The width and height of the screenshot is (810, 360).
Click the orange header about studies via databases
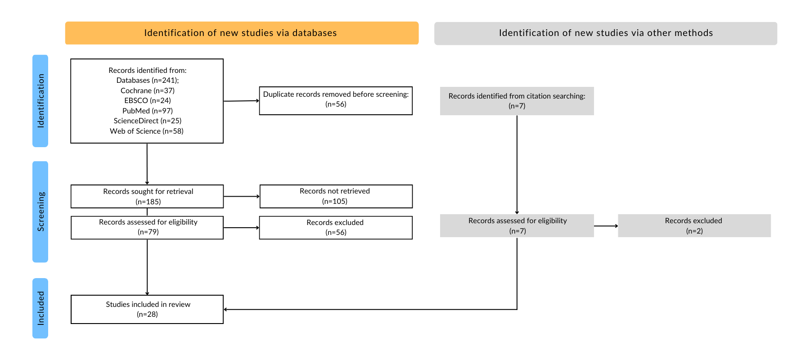click(x=242, y=33)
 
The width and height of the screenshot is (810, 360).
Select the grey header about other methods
click(x=606, y=33)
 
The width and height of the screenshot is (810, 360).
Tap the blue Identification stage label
click(x=40, y=101)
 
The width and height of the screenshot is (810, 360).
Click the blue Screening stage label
click(x=40, y=211)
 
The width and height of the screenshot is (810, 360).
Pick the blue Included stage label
click(x=40, y=308)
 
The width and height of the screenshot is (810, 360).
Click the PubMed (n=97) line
click(x=148, y=111)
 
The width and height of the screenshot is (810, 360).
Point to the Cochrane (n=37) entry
click(x=148, y=90)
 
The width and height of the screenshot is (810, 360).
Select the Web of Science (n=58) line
click(x=147, y=131)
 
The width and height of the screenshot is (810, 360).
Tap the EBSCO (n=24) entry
click(x=148, y=100)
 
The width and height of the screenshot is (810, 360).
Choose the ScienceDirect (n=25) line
click(x=148, y=121)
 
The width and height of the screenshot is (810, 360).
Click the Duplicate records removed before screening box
click(x=336, y=101)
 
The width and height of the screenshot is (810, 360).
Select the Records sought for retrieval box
click(x=147, y=196)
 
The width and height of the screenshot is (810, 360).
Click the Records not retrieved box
click(x=336, y=196)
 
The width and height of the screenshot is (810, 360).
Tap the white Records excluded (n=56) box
click(x=336, y=228)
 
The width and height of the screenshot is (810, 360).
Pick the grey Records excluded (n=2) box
click(x=694, y=225)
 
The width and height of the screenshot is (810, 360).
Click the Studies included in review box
click(x=147, y=309)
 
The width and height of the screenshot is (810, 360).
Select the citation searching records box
click(x=517, y=101)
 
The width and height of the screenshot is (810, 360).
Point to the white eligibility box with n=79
click(x=147, y=228)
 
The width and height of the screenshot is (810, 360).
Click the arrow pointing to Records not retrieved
click(x=242, y=196)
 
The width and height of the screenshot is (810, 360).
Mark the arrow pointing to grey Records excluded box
click(x=606, y=226)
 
